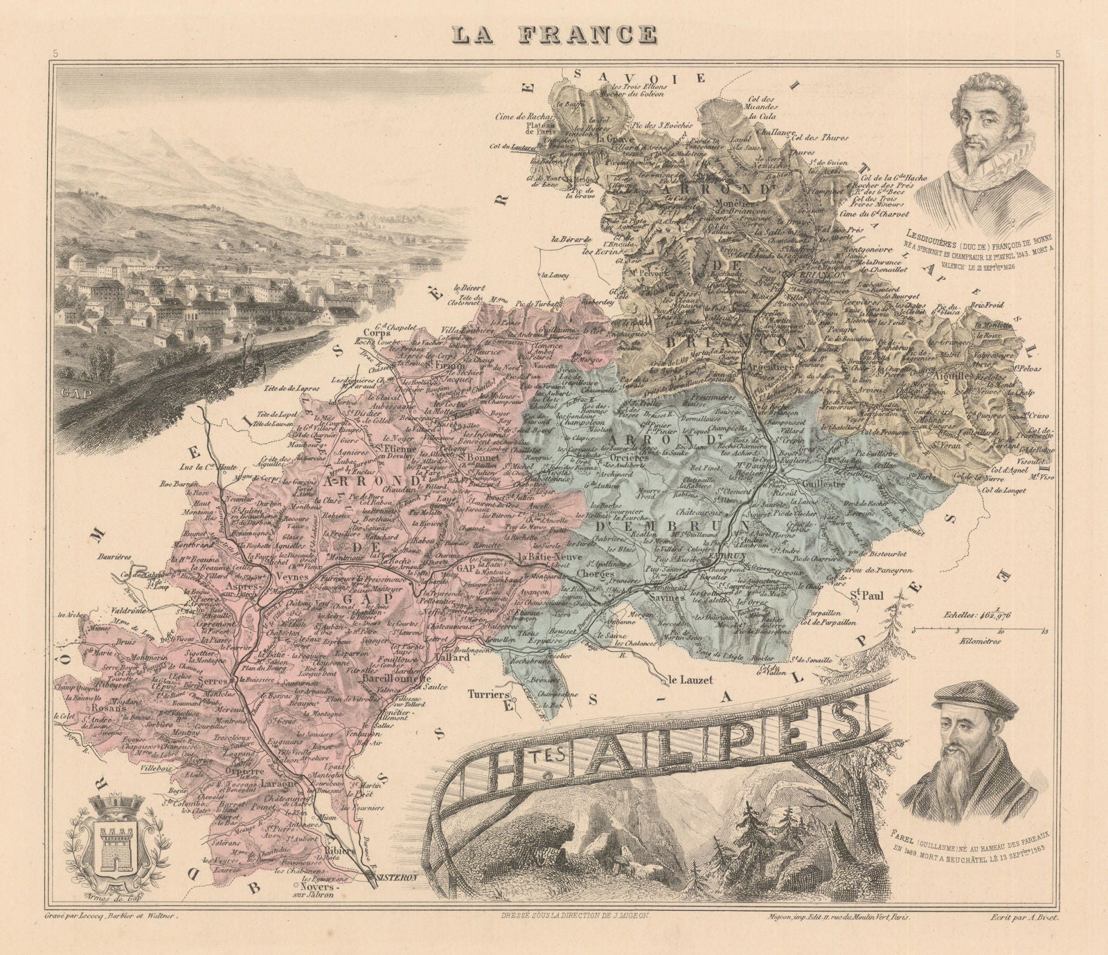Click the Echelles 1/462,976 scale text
[983, 613]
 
